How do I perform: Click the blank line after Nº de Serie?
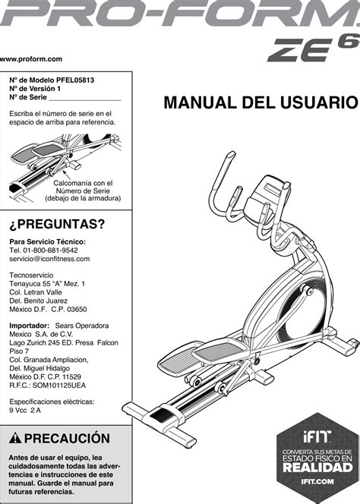point(84,98)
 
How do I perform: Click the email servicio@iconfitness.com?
point(49,259)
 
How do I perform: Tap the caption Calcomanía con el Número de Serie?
point(83,191)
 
